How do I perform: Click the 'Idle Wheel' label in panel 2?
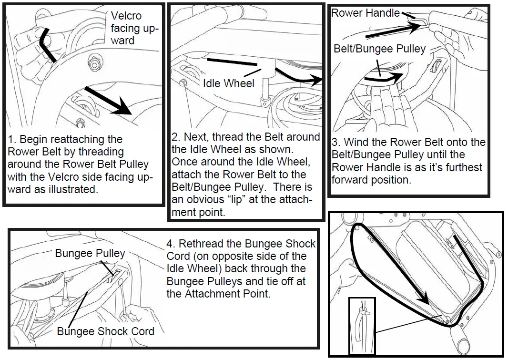click(229, 83)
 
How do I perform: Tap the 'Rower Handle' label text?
click(365, 13)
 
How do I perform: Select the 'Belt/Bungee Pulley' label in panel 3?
click(379, 49)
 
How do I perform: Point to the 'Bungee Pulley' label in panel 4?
click(90, 253)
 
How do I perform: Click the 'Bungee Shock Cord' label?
click(105, 331)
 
